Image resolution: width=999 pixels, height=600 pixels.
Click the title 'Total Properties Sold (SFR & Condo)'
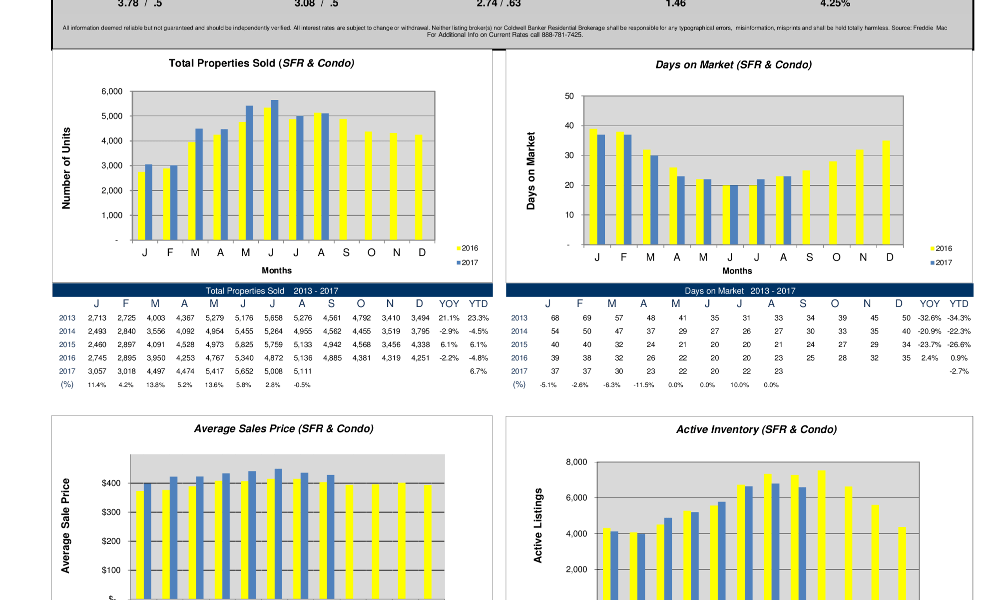[x=261, y=63]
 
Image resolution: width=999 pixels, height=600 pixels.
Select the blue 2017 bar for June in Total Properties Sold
[x=275, y=170]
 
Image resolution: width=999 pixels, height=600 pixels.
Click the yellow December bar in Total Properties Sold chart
[x=419, y=187]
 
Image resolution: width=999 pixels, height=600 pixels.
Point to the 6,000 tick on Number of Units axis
[x=112, y=91]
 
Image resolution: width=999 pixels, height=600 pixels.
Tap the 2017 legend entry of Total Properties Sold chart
[x=467, y=262]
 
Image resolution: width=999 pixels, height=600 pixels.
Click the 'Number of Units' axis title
[x=66, y=168]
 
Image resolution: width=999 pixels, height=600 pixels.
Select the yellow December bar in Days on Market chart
[x=886, y=192]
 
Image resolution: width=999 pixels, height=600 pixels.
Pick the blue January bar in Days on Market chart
[x=601, y=189]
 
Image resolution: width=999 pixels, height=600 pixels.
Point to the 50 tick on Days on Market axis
[x=569, y=96]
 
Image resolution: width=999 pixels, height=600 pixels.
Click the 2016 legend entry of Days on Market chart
[x=941, y=248]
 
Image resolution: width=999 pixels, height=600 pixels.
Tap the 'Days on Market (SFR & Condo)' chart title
[x=733, y=65]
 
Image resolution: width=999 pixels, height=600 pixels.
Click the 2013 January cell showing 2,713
[x=97, y=318]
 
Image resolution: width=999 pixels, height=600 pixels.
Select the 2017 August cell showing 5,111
[x=302, y=371]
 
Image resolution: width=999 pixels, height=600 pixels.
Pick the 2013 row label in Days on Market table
[x=519, y=318]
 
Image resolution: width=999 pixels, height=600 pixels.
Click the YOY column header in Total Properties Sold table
[x=449, y=304]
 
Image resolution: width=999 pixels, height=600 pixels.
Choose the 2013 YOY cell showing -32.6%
[x=929, y=318]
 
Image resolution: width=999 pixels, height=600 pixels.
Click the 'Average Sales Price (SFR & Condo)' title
[x=284, y=429]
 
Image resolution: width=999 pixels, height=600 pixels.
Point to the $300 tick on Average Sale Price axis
[x=111, y=512]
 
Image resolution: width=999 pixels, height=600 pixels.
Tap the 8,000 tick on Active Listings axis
[x=576, y=462]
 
